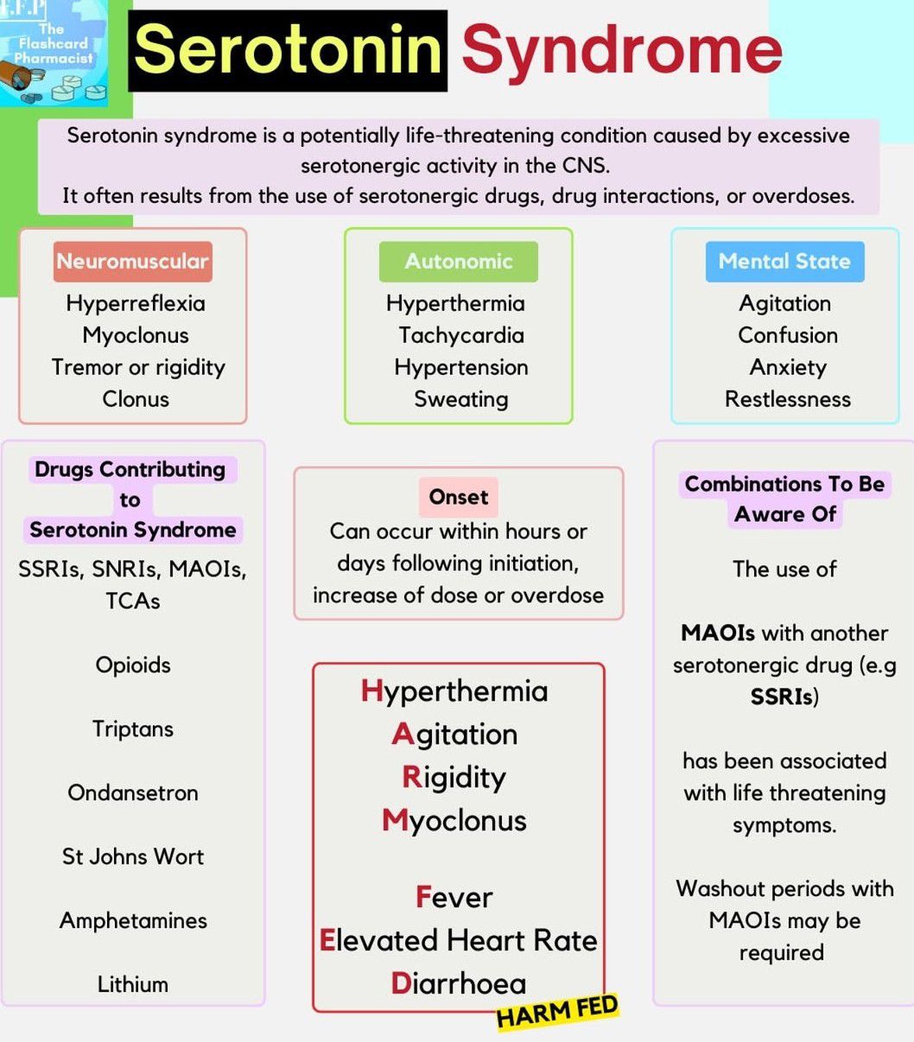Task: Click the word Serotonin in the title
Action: click(288, 49)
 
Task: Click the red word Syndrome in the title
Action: click(621, 49)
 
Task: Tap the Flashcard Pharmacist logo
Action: click(54, 54)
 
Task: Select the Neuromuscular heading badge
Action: click(132, 261)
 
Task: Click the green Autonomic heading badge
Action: click(458, 261)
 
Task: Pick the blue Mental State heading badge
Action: click(784, 261)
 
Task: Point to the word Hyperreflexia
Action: click(136, 303)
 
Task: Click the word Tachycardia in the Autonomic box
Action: click(460, 335)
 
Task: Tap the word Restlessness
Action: click(787, 399)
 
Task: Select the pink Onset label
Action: click(458, 497)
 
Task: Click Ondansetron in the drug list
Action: click(133, 792)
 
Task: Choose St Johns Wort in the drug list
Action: click(133, 856)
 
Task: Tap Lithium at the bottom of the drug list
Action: click(133, 984)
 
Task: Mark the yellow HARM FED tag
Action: click(557, 1012)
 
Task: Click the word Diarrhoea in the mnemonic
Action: click(458, 983)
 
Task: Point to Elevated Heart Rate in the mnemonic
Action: click(458, 940)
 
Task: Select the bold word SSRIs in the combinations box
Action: click(782, 696)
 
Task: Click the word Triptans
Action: click(133, 728)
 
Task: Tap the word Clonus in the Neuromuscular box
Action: click(136, 399)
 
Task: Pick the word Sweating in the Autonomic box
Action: click(460, 399)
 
